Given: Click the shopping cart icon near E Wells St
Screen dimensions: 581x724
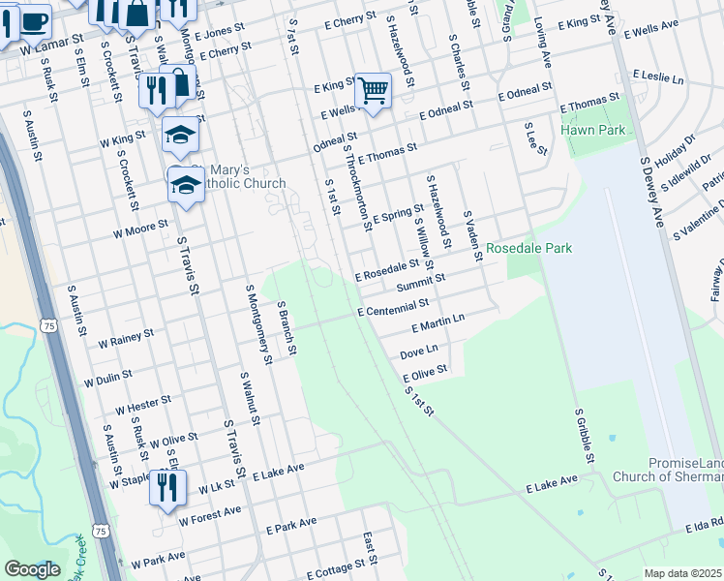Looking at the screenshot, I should tap(373, 91).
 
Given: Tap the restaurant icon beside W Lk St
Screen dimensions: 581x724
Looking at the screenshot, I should tap(167, 486).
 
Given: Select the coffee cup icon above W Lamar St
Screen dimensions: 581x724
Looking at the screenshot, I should tap(34, 18).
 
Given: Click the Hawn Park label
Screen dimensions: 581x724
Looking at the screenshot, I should tap(592, 130).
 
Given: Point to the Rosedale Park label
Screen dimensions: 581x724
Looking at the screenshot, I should tap(528, 249).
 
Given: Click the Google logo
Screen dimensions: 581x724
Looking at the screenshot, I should tap(32, 569).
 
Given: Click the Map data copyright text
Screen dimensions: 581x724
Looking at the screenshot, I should tap(683, 573).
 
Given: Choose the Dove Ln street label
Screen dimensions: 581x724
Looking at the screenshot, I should tap(419, 350).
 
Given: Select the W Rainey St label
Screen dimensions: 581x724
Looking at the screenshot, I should tap(126, 338).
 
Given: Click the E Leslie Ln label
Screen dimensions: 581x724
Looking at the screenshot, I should tap(658, 75).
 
